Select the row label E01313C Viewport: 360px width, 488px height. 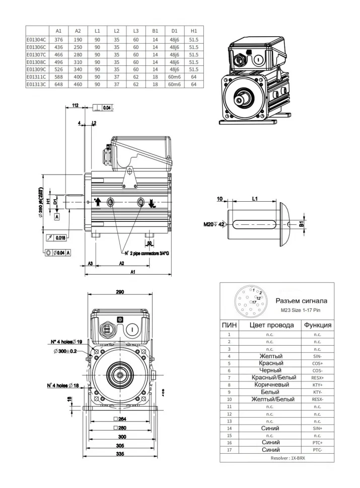click(37, 85)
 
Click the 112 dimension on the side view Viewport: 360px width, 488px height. click(76, 106)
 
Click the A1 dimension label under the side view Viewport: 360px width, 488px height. click(132, 272)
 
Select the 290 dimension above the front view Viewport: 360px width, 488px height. click(120, 292)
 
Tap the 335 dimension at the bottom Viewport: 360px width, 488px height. click(120, 455)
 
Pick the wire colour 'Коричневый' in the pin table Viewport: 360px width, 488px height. click(270, 385)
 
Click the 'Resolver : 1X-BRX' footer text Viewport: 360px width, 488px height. click(277, 458)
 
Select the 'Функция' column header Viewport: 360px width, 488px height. click(317, 325)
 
